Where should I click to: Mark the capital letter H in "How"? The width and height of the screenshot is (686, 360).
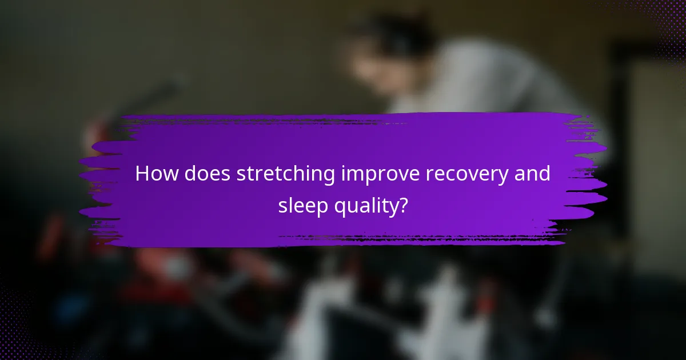(142, 174)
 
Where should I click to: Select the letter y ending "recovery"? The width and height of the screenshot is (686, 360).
(509, 177)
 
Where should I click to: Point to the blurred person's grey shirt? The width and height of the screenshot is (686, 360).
(486, 80)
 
